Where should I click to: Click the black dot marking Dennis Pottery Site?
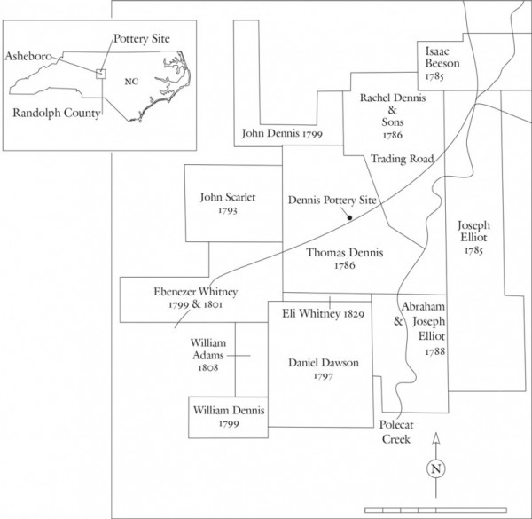tap(350, 217)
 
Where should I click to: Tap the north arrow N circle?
tap(434, 468)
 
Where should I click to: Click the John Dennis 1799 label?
tap(281, 134)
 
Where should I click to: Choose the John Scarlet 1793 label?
tap(228, 205)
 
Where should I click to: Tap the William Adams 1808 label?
tap(208, 354)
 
